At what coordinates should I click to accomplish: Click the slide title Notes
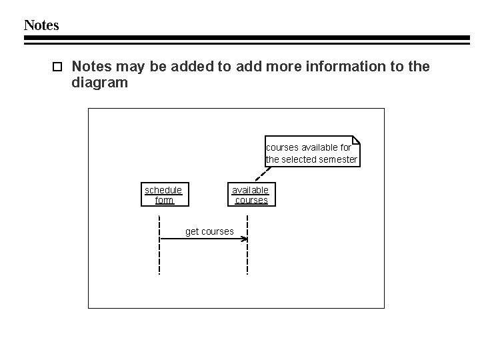click(x=41, y=25)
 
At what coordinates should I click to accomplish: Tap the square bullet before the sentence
click(x=57, y=67)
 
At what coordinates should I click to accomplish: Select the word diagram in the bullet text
click(x=99, y=84)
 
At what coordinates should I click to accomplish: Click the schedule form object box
click(x=164, y=195)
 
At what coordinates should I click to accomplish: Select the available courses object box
click(x=251, y=195)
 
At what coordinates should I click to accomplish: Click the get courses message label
click(x=209, y=231)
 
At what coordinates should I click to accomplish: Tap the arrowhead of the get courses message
click(x=245, y=239)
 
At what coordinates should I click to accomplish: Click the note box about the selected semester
click(x=312, y=153)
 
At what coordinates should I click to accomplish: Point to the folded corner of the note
click(x=356, y=140)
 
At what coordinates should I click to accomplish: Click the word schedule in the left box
click(x=163, y=190)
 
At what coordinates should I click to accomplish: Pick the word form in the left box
click(x=164, y=200)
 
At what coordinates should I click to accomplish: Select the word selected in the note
click(x=299, y=160)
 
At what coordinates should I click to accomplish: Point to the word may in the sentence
click(x=128, y=67)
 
